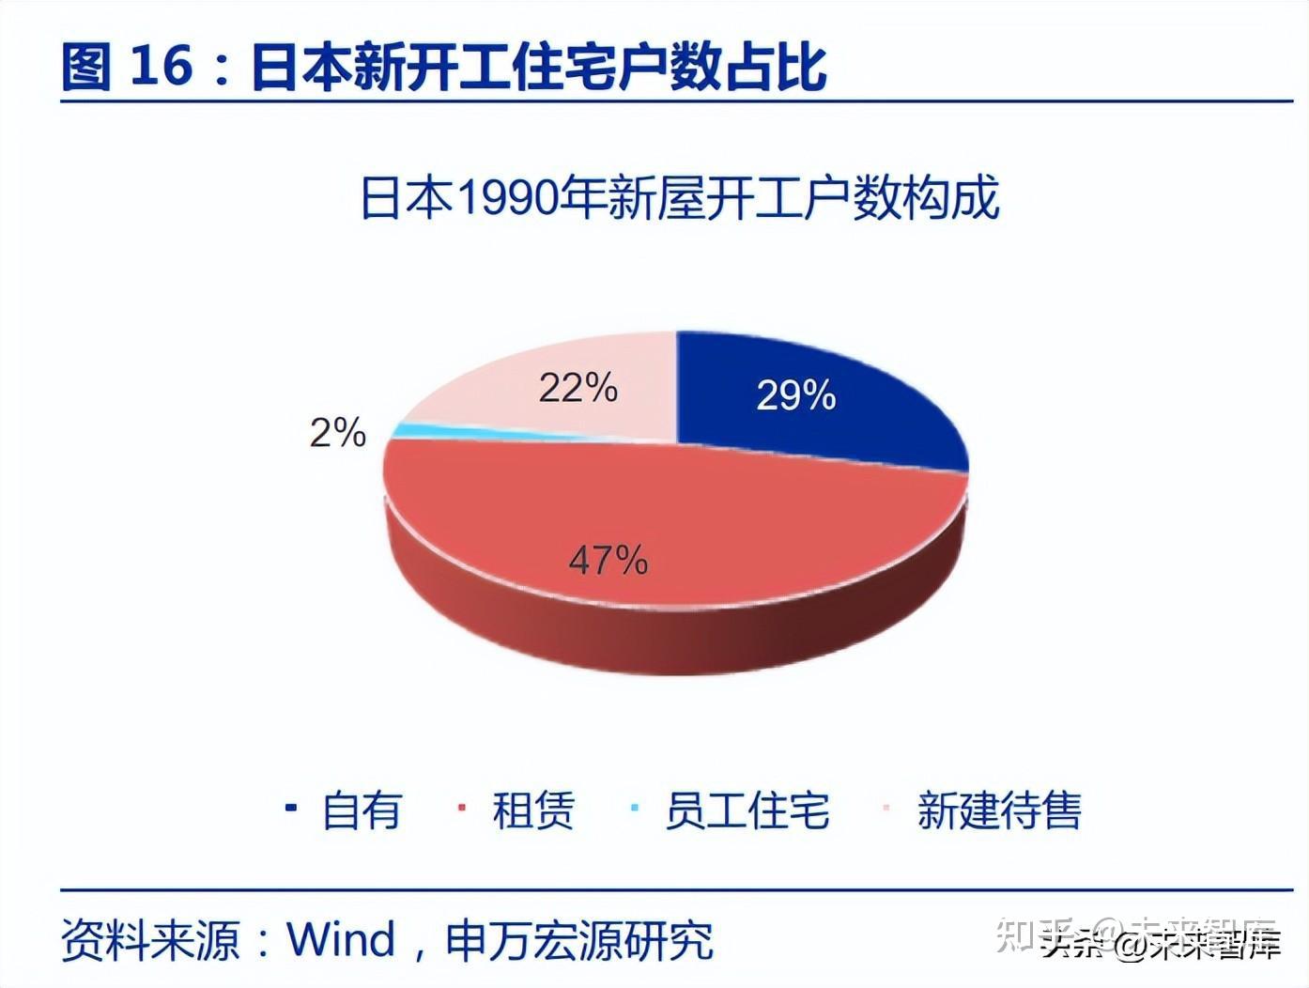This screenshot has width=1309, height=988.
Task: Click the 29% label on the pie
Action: click(796, 395)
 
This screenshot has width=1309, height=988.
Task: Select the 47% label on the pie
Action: click(608, 561)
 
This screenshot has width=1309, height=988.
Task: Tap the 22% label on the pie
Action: click(577, 388)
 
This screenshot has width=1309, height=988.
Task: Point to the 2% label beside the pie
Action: click(337, 433)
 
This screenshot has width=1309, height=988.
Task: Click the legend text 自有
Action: click(362, 810)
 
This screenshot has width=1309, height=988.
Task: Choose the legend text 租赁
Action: click(532, 810)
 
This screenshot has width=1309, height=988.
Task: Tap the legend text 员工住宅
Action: click(747, 810)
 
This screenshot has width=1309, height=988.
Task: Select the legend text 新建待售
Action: click(999, 810)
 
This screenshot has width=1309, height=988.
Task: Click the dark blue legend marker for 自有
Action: click(291, 808)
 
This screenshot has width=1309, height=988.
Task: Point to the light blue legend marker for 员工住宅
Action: click(635, 808)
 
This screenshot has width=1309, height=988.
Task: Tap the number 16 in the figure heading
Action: click(161, 68)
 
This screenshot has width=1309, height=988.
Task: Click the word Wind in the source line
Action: click(341, 939)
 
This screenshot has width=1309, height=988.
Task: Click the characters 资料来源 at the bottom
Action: click(151, 940)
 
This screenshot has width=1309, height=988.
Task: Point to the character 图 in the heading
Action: click(86, 68)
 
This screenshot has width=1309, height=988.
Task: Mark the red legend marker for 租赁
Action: click(461, 808)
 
